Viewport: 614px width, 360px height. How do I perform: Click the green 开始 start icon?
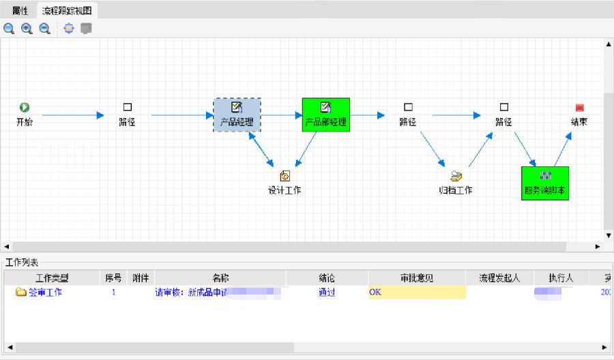25,107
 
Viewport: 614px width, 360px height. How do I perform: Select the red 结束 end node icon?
579,108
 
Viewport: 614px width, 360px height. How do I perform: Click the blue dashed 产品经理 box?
237,115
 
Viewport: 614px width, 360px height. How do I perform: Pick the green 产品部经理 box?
325,115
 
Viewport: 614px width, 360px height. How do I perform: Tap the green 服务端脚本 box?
544,183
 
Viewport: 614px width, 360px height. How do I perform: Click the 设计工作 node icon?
284,176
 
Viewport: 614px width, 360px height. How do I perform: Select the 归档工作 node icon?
456,176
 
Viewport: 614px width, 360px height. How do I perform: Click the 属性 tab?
20,11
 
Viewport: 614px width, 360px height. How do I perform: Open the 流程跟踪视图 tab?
68,11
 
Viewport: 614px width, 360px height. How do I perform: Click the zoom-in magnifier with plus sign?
27,29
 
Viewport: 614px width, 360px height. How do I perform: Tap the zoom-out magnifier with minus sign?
45,29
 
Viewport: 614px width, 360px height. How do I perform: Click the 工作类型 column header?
52,278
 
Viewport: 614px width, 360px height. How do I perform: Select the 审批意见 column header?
416,278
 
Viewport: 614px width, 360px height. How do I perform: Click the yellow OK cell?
416,292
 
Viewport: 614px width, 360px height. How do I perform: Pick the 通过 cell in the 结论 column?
327,292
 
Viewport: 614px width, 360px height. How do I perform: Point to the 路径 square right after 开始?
127,107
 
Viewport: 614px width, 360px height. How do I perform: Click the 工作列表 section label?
23,262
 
